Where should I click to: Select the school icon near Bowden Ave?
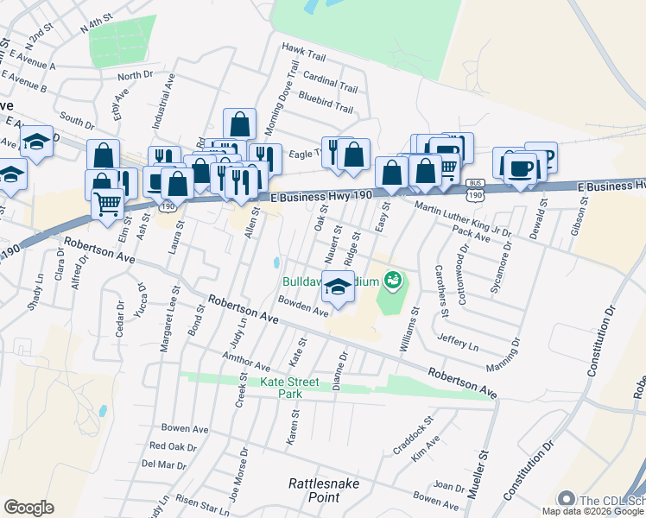click(x=339, y=287)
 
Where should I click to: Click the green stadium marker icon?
click(x=394, y=280)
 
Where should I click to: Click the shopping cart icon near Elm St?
click(x=108, y=205)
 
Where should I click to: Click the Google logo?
click(x=28, y=508)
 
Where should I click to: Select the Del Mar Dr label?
click(x=163, y=464)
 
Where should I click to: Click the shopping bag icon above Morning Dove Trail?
click(x=239, y=123)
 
